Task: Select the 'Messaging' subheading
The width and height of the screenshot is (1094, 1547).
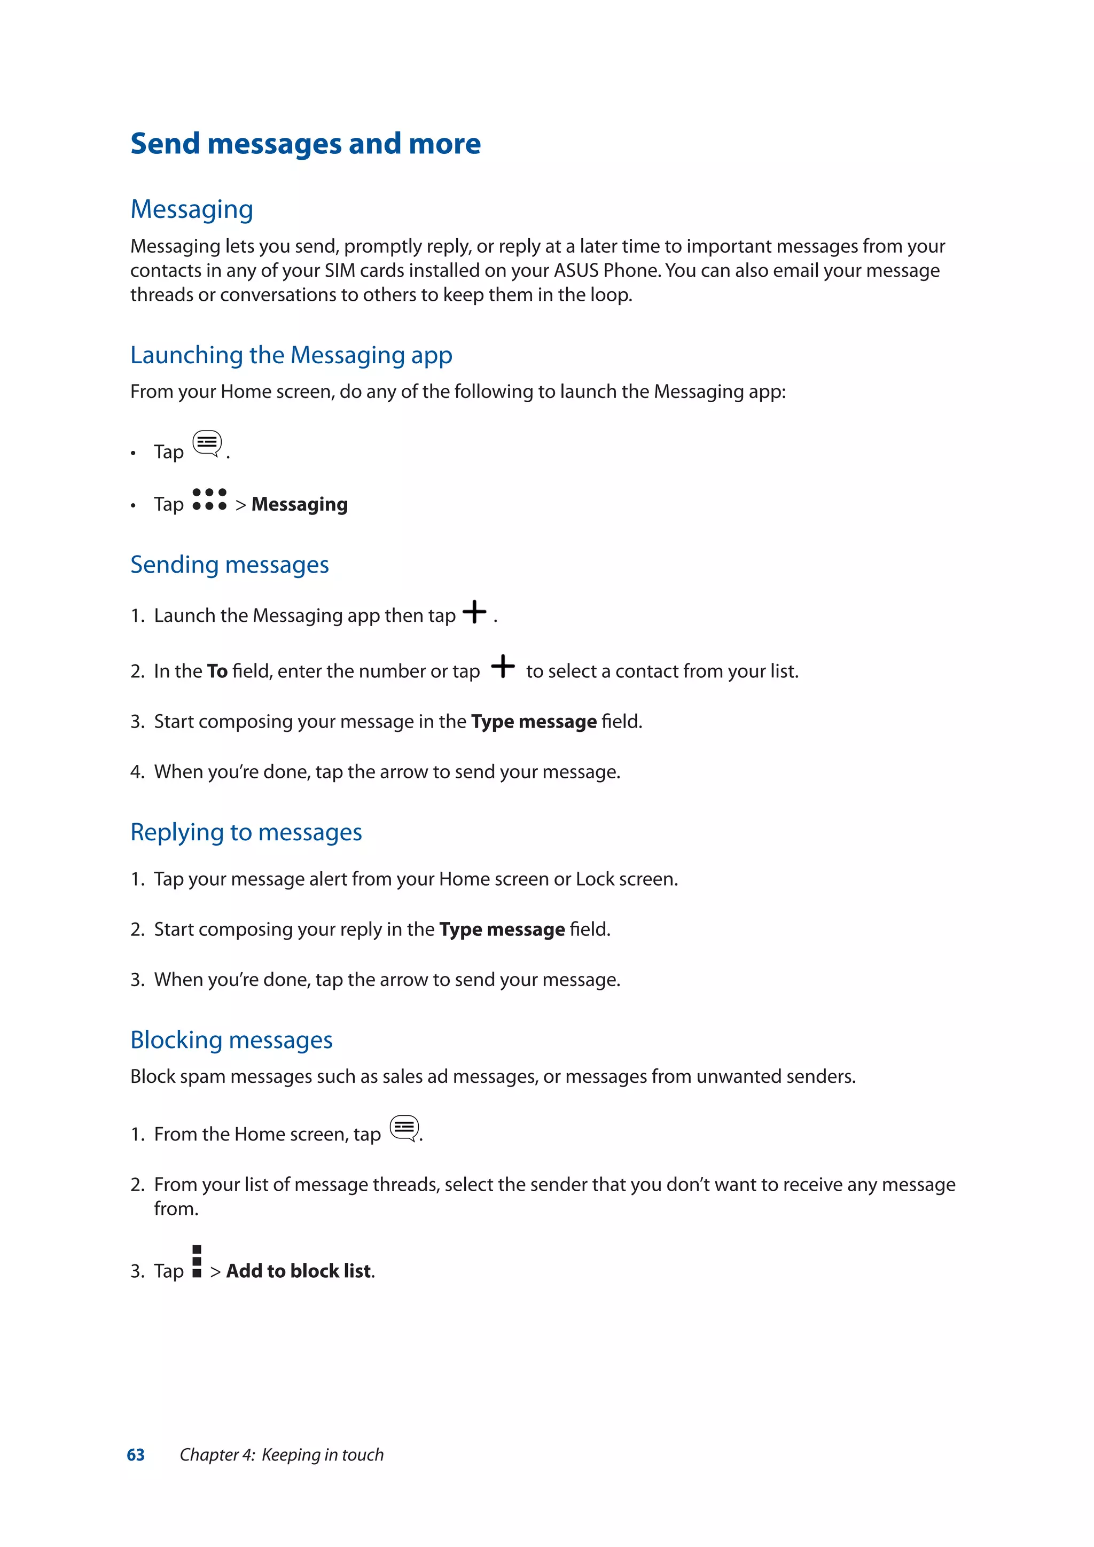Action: [x=192, y=209]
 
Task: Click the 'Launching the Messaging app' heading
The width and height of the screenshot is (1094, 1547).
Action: [x=291, y=355]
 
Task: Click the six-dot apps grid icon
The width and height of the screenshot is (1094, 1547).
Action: [x=209, y=499]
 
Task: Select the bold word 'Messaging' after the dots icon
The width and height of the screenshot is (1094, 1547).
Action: [x=299, y=505]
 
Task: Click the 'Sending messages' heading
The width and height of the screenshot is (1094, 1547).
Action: [x=230, y=565]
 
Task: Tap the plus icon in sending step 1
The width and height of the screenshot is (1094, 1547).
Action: [x=474, y=612]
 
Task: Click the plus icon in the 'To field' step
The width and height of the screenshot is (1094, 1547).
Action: [x=503, y=666]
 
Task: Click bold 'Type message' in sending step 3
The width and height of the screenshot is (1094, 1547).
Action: [x=534, y=722]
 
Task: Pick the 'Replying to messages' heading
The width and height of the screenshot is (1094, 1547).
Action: [x=246, y=833]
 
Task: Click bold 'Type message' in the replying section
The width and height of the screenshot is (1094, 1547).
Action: [x=502, y=930]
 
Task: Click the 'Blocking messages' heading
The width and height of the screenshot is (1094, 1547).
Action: [x=231, y=1040]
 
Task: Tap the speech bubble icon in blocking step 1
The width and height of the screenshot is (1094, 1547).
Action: [x=404, y=1128]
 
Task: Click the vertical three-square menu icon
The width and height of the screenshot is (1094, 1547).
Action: [x=197, y=1261]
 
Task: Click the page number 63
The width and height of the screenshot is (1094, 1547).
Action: [x=135, y=1455]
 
